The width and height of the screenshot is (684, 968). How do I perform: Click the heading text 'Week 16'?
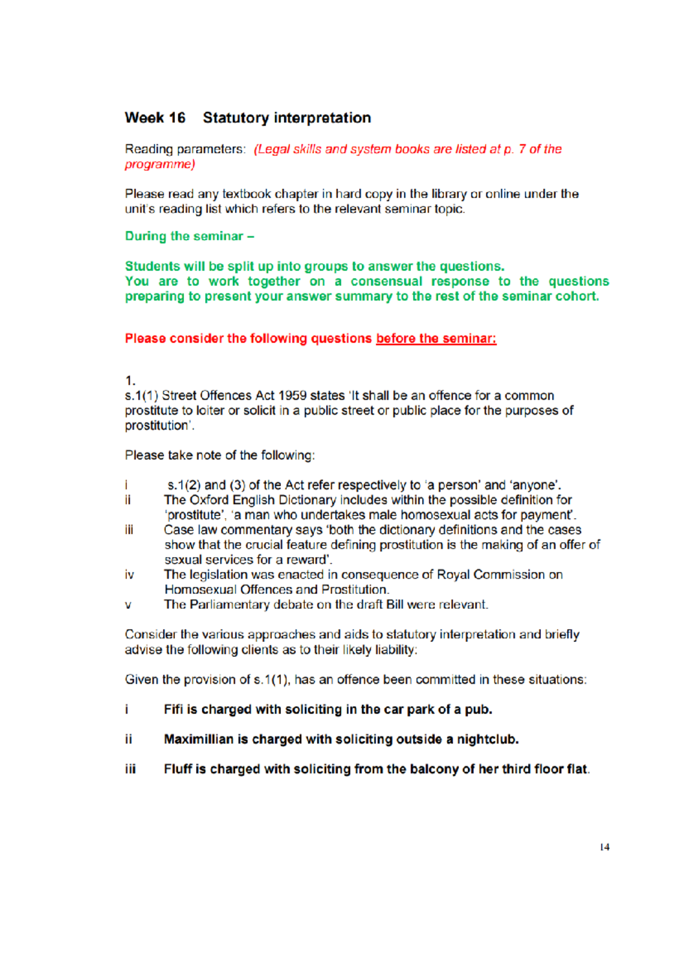point(155,118)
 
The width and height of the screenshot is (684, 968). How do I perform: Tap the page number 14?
point(604,847)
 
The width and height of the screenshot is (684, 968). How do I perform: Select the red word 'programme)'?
point(160,164)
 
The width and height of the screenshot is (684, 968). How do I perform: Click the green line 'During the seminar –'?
point(189,236)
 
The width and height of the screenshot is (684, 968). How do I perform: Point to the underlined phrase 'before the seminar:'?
point(436,339)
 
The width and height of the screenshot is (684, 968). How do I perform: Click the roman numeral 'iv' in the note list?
point(129,575)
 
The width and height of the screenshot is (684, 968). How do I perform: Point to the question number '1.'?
point(130,381)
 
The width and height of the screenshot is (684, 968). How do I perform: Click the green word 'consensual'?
point(386,281)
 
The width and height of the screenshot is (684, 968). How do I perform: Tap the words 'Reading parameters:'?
point(185,149)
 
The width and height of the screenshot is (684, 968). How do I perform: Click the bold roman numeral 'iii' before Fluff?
point(131,769)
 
